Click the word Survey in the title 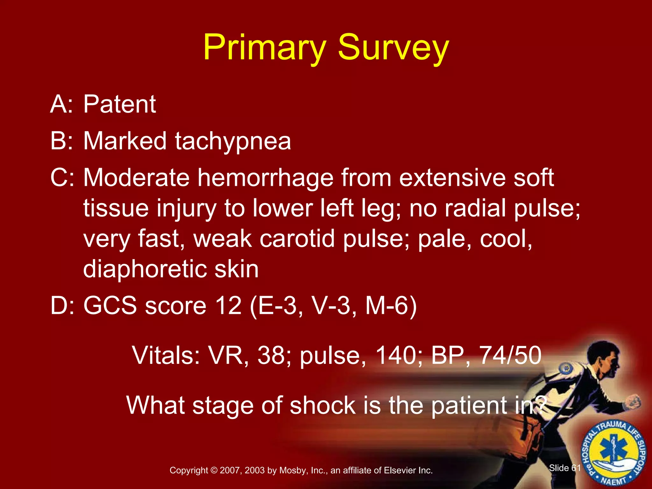coord(393,48)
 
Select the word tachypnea coord(233,141)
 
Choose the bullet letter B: coord(61,141)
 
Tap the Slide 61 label coord(564,468)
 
